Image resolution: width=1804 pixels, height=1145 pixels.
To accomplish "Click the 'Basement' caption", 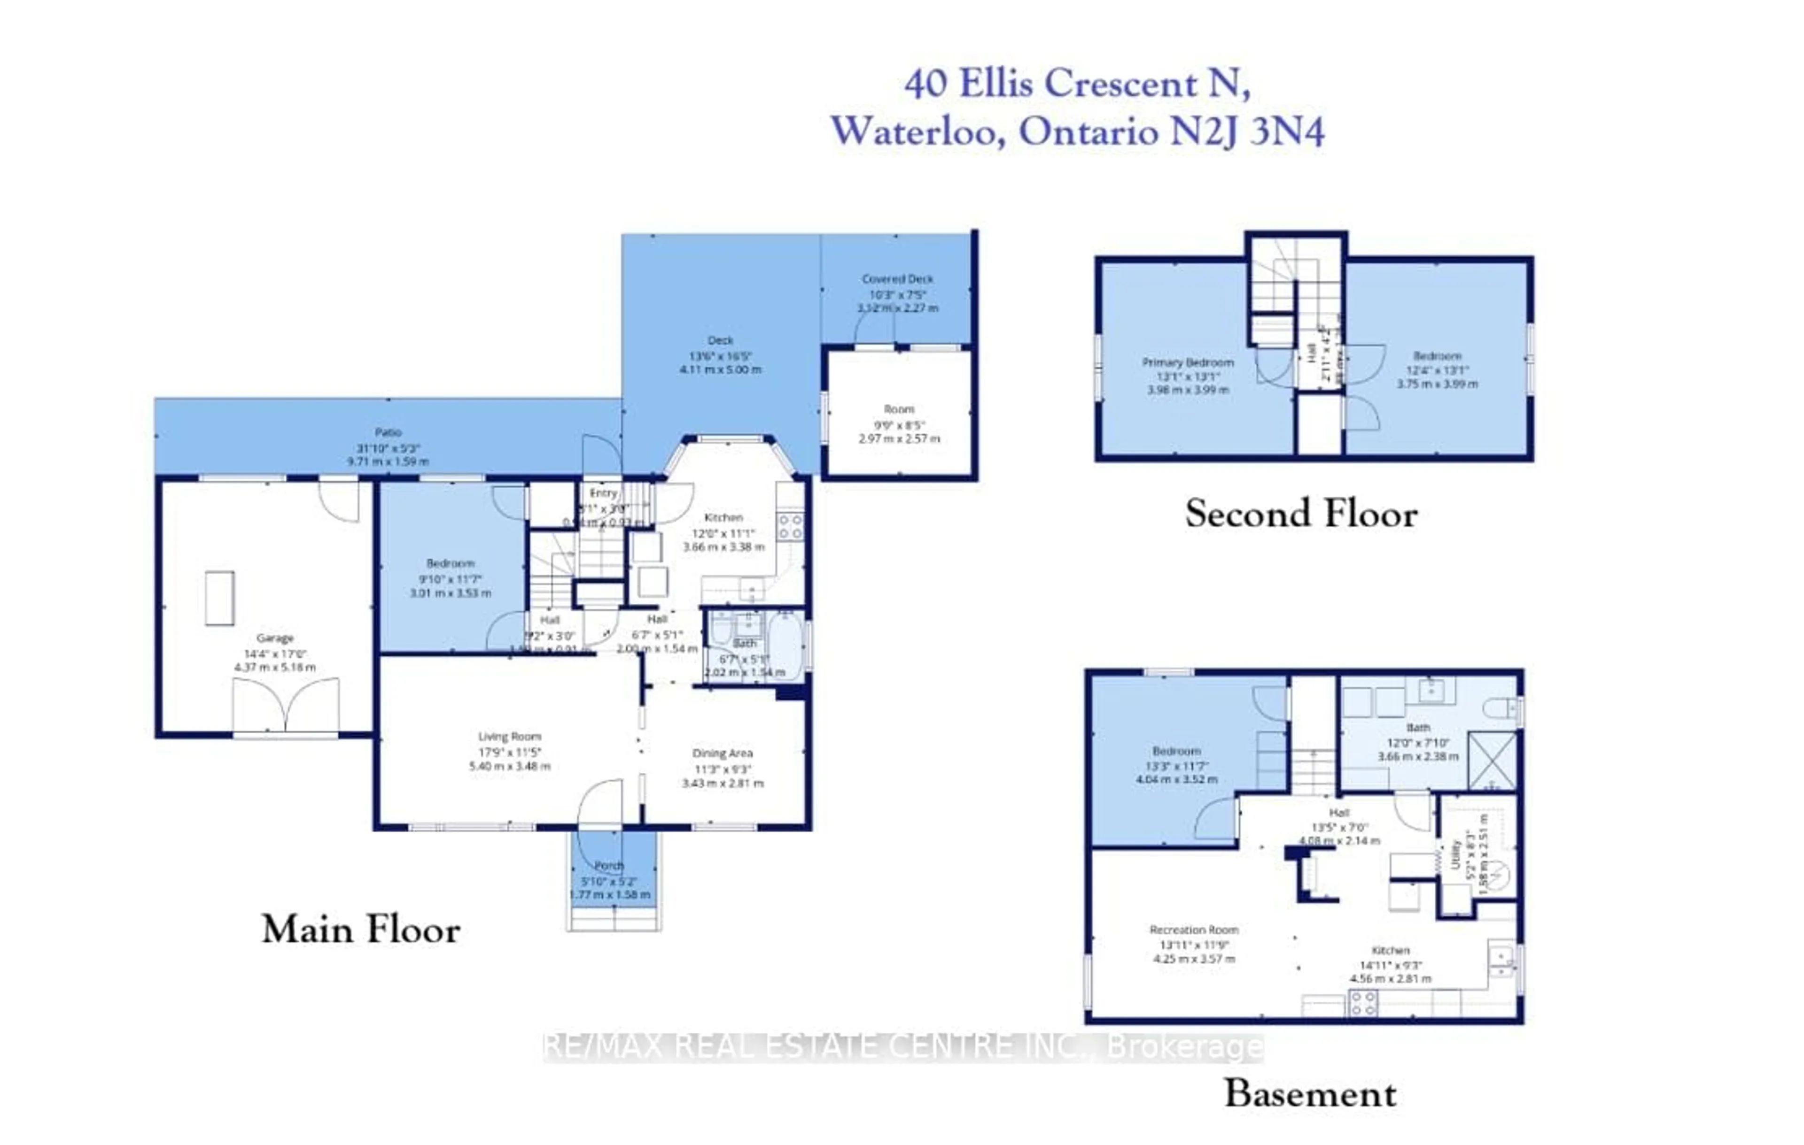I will (x=1310, y=1094).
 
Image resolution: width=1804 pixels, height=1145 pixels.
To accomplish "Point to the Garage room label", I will (x=274, y=638).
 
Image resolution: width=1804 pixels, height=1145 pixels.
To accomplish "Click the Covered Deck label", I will (x=897, y=278).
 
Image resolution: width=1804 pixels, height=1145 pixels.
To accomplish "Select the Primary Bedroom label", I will (x=1188, y=362).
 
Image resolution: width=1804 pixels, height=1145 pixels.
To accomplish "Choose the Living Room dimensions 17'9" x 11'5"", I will (x=509, y=752).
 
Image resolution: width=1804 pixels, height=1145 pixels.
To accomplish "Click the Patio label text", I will (x=388, y=432).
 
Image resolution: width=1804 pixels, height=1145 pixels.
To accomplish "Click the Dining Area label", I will (x=722, y=753).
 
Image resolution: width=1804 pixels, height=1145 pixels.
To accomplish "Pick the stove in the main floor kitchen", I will (x=790, y=526).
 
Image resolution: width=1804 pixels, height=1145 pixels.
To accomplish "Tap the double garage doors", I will (x=286, y=706).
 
